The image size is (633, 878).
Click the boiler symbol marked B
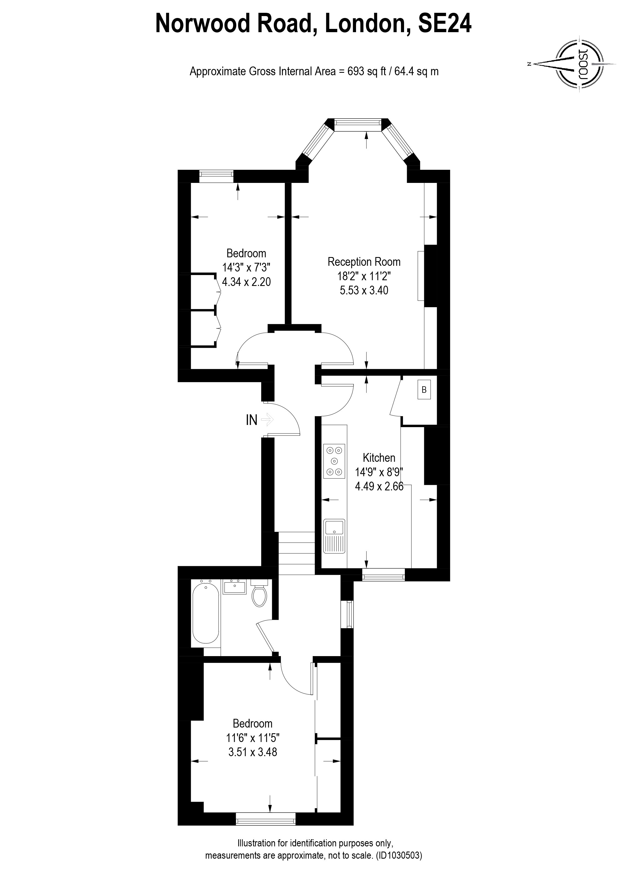pyautogui.click(x=424, y=390)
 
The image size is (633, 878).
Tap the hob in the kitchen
pyautogui.click(x=334, y=461)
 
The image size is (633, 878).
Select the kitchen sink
pyautogui.click(x=334, y=536)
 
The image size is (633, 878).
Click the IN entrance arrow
pyautogui.click(x=267, y=419)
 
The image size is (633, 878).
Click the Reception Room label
pyautogui.click(x=364, y=262)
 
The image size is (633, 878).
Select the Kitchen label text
pyautogui.click(x=379, y=458)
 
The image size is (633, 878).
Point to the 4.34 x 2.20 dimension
pyautogui.click(x=246, y=281)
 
